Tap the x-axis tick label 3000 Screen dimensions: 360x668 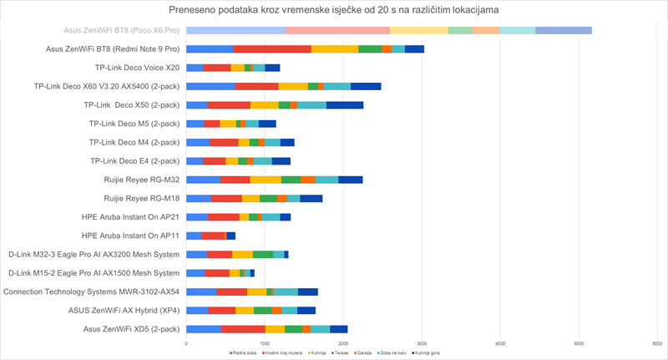coord(422,342)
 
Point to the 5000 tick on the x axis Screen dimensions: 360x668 coord(579,342)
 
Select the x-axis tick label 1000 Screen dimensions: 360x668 coord(265,342)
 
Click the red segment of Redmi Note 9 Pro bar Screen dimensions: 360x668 coord(272,49)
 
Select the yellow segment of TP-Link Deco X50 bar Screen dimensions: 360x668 coord(264,105)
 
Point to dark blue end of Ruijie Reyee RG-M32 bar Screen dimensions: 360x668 coord(351,180)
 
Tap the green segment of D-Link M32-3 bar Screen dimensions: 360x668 coord(263,254)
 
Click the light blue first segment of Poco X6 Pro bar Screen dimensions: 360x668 coord(235,31)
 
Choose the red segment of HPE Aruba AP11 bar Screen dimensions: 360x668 coord(213,236)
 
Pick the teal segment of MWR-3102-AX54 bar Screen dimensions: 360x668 coord(286,292)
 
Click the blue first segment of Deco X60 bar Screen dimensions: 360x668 coord(210,86)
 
